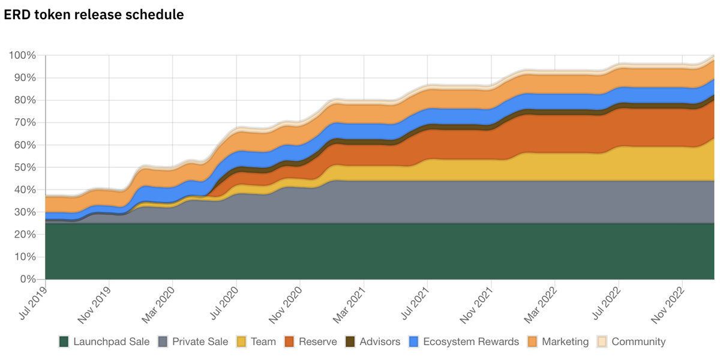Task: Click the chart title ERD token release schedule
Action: point(94,14)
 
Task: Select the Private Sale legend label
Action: point(200,342)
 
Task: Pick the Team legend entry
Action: point(257,342)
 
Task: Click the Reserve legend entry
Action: point(311,342)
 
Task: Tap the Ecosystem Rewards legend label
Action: point(471,342)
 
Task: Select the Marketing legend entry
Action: point(565,342)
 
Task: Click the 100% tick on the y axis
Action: point(23,56)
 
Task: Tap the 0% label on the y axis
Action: point(28,280)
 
